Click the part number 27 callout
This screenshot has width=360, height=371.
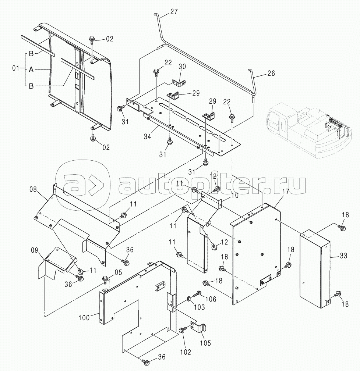(174, 11)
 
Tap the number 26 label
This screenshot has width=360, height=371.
(271, 73)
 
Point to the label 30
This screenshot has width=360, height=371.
(183, 67)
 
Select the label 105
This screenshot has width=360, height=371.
(205, 343)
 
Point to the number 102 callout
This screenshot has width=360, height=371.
(186, 352)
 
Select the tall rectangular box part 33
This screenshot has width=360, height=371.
(314, 268)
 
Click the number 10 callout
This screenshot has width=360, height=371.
(234, 195)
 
